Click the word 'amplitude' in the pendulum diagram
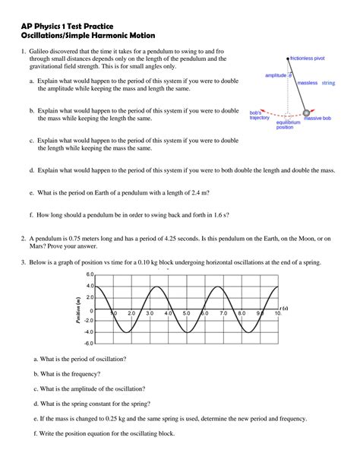(276, 75)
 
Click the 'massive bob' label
(317, 119)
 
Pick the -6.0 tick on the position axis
(89, 344)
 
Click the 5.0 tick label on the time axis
(187, 313)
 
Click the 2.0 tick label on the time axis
(131, 313)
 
